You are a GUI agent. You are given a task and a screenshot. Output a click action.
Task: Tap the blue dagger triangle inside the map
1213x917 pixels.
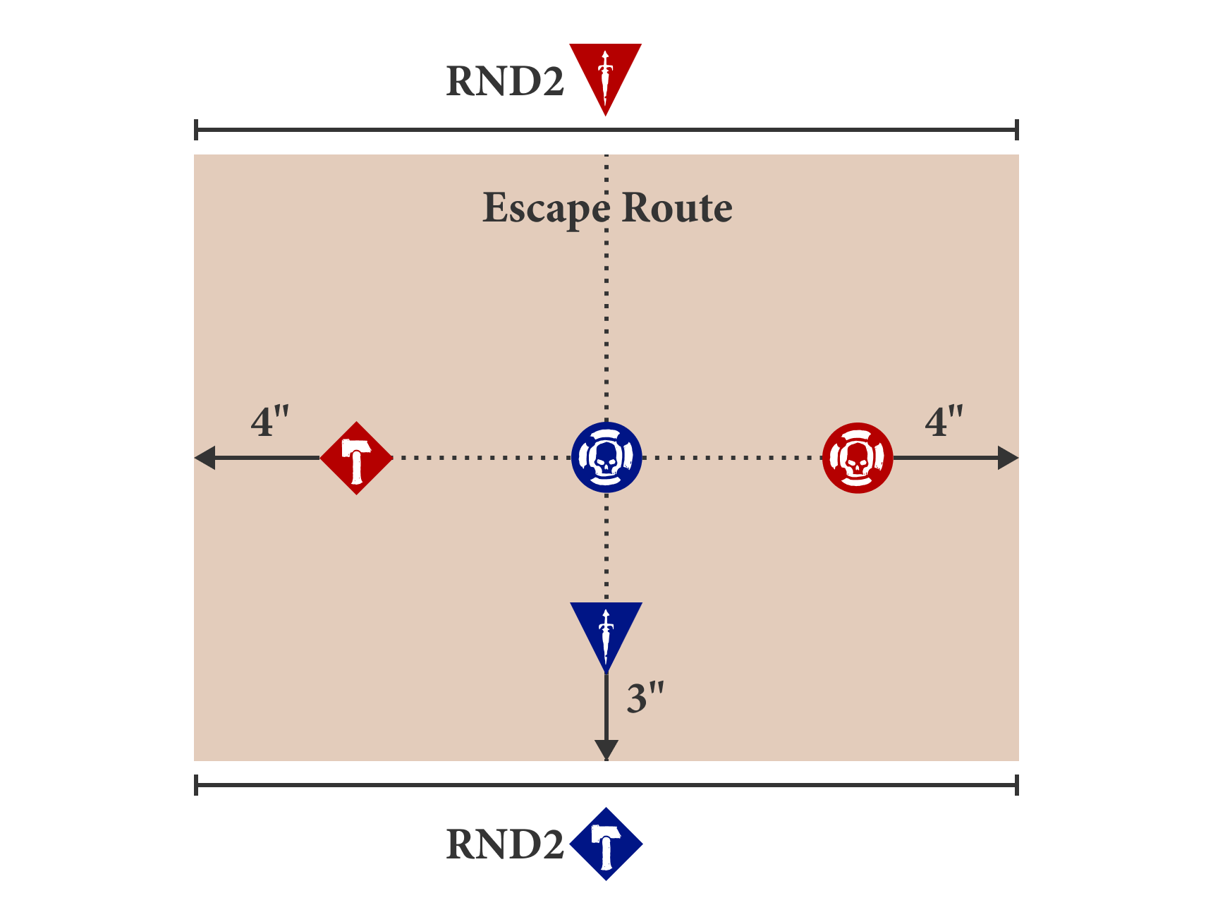[x=606, y=631]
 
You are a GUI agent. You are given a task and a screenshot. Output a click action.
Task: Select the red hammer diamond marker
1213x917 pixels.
[x=356, y=458]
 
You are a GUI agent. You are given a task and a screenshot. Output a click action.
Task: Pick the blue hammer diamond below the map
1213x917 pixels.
[x=606, y=844]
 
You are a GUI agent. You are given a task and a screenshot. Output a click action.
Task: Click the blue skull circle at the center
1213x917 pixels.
[x=606, y=458]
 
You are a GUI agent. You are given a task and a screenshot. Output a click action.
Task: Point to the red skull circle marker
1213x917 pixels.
[x=858, y=458]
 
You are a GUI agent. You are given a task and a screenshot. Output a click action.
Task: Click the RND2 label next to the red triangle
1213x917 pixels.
[x=505, y=81]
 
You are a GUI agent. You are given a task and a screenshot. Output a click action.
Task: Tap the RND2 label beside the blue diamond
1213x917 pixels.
[x=505, y=844]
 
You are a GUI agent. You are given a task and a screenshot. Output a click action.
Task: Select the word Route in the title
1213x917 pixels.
[x=677, y=208]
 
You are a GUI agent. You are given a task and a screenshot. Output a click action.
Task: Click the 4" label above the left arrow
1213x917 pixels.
[x=269, y=422]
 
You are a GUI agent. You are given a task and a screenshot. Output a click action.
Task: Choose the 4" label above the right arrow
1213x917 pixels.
[x=944, y=422]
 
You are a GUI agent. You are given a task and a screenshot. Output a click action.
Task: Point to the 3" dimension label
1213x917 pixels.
[x=645, y=698]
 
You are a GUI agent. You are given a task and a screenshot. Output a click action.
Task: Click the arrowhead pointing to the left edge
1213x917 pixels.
[x=205, y=458]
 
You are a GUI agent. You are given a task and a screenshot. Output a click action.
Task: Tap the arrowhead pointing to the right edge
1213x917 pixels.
[x=1008, y=458]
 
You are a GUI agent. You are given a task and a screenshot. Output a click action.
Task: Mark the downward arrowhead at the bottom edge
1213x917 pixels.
[x=606, y=750]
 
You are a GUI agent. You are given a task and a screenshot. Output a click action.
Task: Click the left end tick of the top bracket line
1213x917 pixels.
[x=196, y=130]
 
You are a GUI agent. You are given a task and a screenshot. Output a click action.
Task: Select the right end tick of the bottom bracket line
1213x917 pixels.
[x=1017, y=784]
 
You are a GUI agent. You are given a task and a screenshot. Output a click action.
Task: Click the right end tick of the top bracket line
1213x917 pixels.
[x=1017, y=130]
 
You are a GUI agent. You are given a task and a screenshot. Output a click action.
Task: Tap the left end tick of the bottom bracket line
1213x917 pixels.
[x=196, y=784]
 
